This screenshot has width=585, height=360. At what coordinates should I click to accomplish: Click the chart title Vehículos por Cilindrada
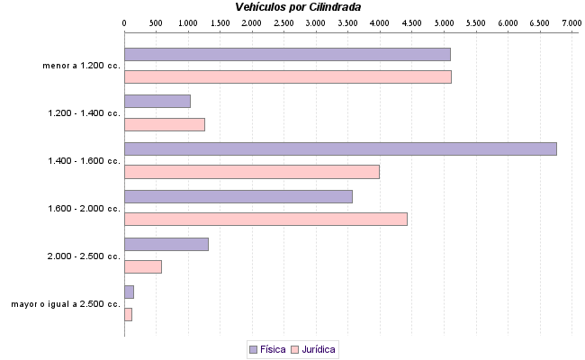point(298,7)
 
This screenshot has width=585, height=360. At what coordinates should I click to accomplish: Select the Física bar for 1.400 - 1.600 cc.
point(340,149)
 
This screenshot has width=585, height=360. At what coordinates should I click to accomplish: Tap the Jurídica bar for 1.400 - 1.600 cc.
point(252,172)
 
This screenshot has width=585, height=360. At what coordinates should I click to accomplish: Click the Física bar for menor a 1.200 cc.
point(287,54)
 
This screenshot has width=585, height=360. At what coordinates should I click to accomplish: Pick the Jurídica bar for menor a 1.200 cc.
point(287,76)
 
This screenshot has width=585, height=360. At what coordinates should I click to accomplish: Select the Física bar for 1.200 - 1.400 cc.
point(157,102)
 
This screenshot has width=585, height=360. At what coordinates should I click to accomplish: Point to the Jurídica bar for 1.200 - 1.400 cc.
point(165,124)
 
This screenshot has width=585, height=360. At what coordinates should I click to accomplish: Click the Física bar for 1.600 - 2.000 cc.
point(238,196)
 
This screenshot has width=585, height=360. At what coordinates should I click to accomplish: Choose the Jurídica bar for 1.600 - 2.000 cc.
point(265,219)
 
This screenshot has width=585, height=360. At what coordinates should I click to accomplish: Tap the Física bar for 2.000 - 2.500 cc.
point(166,244)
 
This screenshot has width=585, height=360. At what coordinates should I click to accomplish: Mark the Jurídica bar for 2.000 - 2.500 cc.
point(143,266)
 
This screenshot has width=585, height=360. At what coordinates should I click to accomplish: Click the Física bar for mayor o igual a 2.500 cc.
point(129,292)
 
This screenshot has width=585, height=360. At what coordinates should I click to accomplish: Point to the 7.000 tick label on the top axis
point(571,22)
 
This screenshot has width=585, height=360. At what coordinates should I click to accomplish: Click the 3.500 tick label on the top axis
point(348,22)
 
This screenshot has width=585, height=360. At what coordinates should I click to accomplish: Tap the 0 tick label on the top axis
point(124,22)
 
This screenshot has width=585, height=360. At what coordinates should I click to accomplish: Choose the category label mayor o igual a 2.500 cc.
point(66,304)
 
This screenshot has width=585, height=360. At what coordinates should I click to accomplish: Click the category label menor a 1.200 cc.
point(81,66)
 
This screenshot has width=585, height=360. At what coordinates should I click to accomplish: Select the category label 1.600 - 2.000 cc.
point(84,209)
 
